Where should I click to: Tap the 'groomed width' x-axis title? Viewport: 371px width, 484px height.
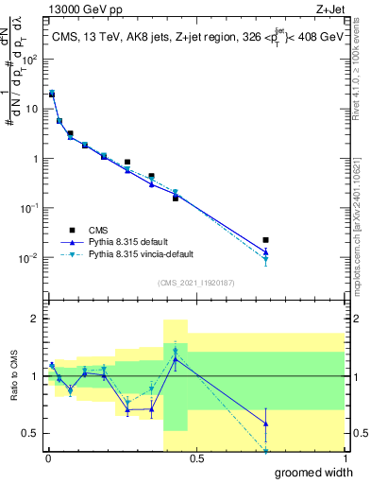tap(313, 472)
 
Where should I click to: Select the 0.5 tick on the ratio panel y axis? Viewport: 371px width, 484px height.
tap(31, 434)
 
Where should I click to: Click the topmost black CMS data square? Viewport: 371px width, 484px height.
tap(52, 95)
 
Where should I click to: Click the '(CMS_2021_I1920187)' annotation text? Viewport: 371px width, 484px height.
tap(196, 283)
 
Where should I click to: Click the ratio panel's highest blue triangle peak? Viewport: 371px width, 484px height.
tap(176, 359)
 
